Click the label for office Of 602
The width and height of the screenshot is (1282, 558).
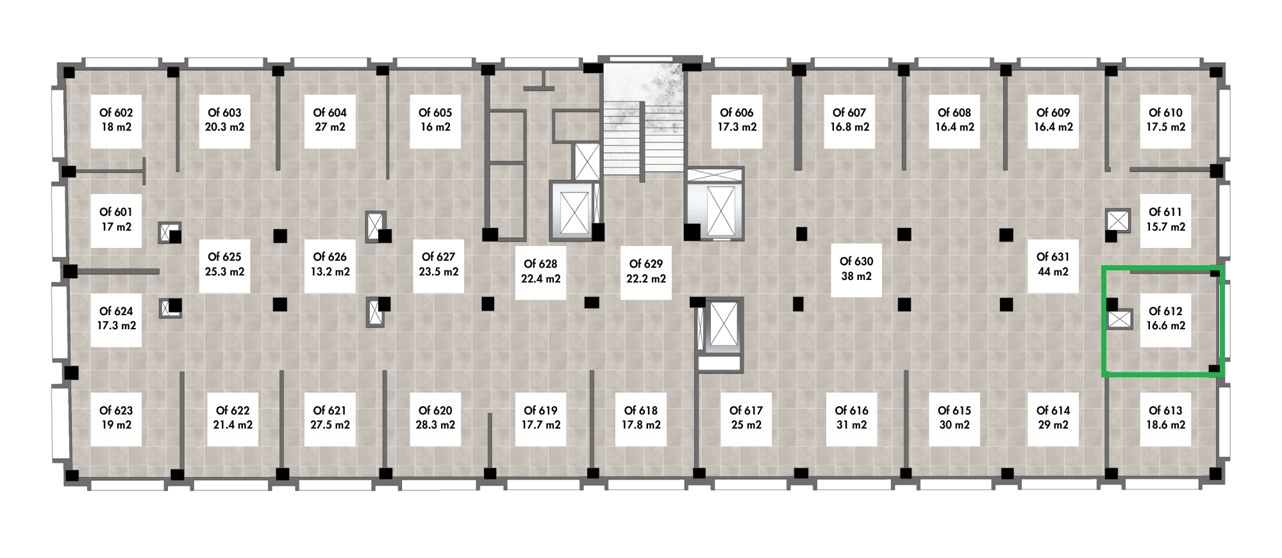tap(116, 120)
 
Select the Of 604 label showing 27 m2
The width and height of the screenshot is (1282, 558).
tap(329, 120)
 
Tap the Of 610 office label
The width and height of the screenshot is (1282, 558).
tap(1165, 120)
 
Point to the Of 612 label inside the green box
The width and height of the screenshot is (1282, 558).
tap(1165, 319)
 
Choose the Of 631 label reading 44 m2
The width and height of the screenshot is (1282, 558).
tap(1053, 265)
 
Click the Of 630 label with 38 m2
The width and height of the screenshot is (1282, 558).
tap(856, 269)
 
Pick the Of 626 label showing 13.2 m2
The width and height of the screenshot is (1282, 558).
tap(329, 265)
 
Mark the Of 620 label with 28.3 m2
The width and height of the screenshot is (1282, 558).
tap(435, 418)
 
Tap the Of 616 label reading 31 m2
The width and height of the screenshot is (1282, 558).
tap(851, 418)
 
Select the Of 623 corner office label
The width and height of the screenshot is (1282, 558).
tap(116, 418)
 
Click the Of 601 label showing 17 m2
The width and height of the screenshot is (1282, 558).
tap(116, 220)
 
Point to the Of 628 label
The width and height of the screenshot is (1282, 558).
tap(540, 272)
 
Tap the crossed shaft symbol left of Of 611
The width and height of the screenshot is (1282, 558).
tap(1118, 220)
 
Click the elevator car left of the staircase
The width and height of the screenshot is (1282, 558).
tap(574, 211)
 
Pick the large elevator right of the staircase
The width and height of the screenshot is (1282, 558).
tap(715, 204)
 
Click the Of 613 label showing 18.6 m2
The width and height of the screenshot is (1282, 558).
tap(1165, 418)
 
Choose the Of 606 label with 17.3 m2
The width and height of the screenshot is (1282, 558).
tap(737, 120)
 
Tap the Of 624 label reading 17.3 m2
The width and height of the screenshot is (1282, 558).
tap(116, 319)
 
